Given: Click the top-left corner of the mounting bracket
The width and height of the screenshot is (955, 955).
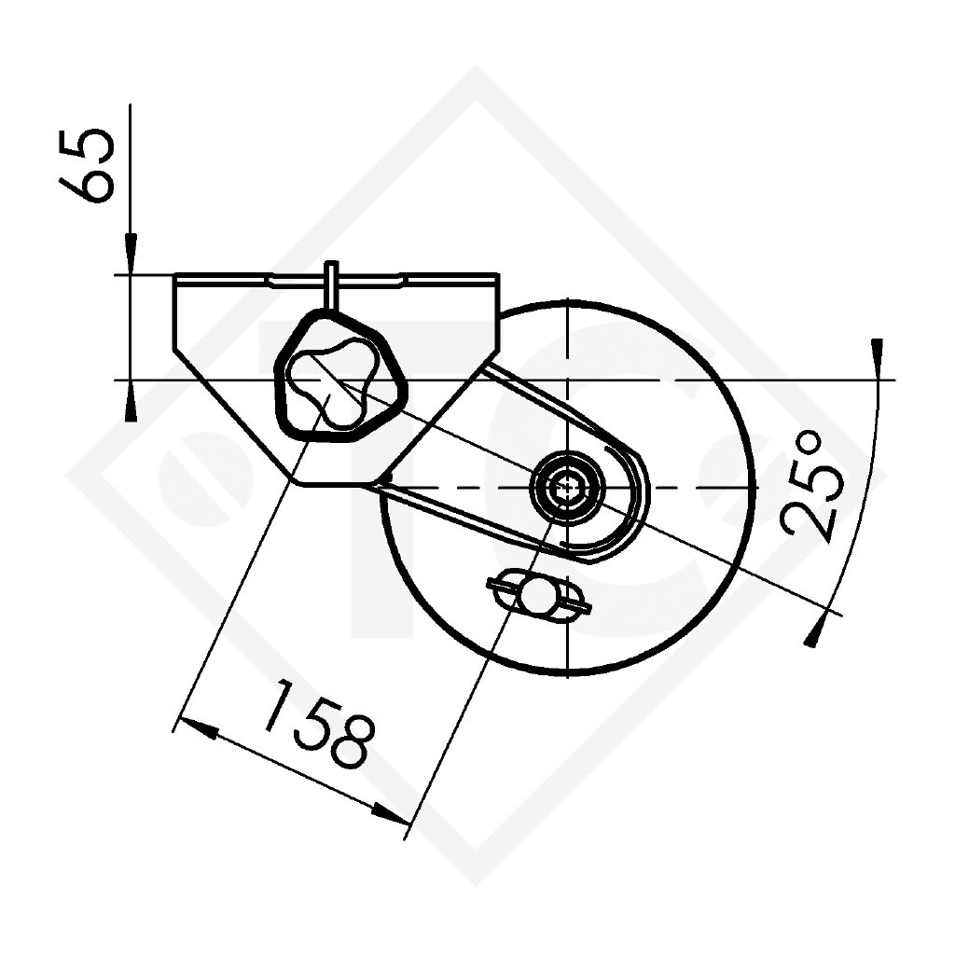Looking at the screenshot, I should (176, 276).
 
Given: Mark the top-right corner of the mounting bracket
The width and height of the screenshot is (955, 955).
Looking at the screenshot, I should (497, 276).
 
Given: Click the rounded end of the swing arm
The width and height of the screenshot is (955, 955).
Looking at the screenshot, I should (634, 508).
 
